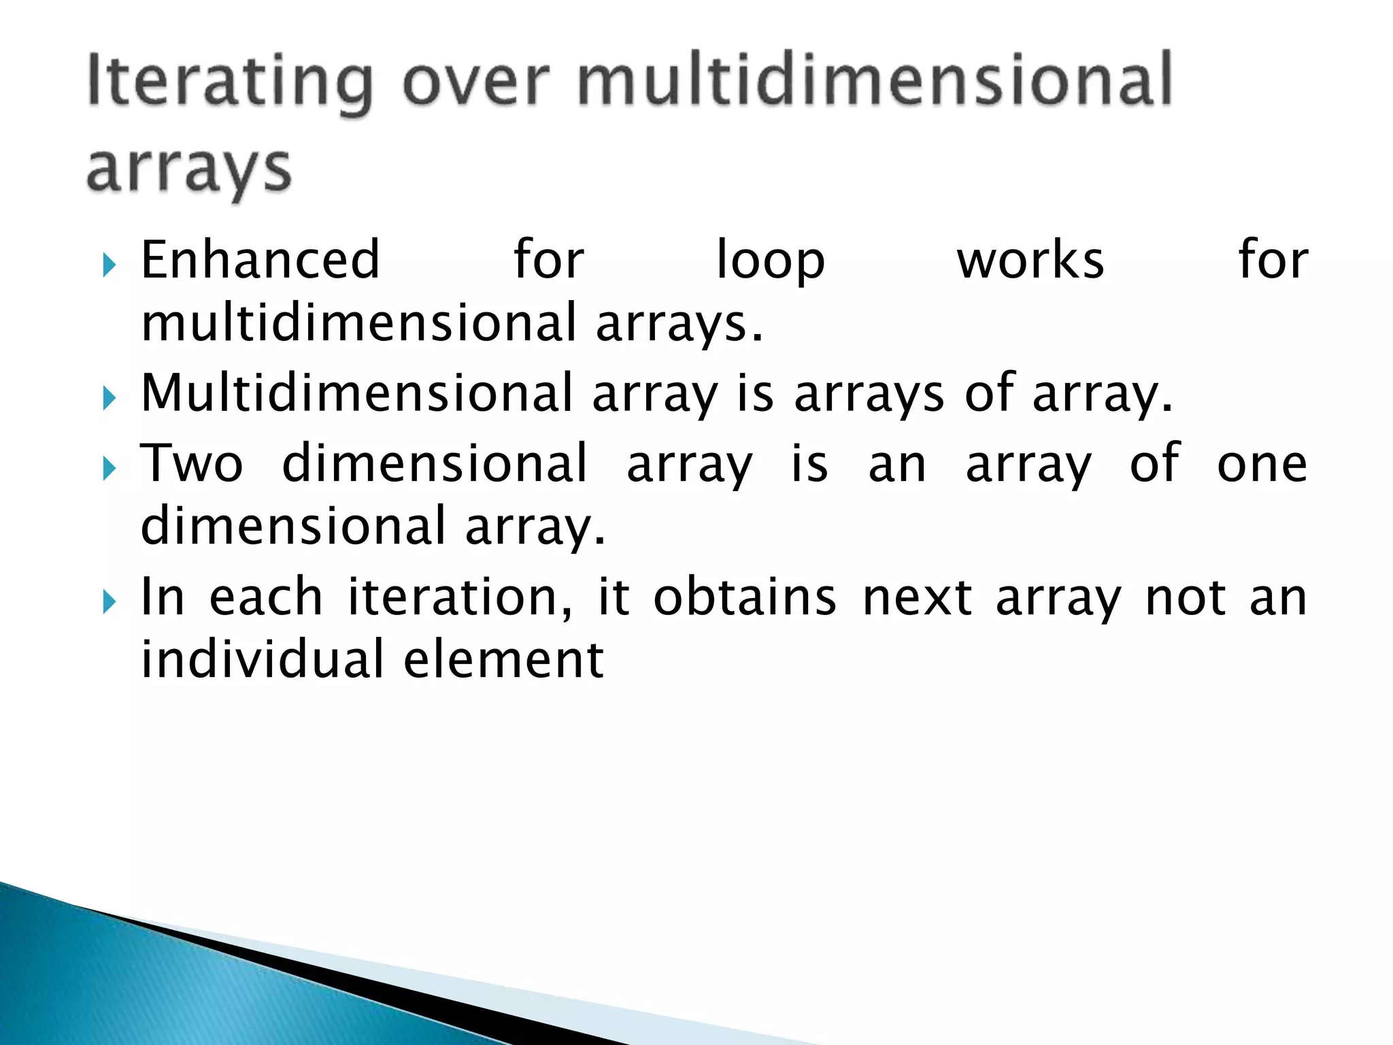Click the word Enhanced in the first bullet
tap(260, 260)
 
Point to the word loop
tap(771, 261)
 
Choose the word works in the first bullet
tap(1030, 260)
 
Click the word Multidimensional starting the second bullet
tap(357, 393)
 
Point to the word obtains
tap(745, 597)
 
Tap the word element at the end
tap(503, 660)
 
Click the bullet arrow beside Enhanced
tap(110, 265)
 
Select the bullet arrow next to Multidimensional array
tap(110, 398)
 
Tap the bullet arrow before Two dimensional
tap(110, 469)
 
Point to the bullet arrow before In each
tap(110, 602)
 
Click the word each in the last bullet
tap(266, 597)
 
